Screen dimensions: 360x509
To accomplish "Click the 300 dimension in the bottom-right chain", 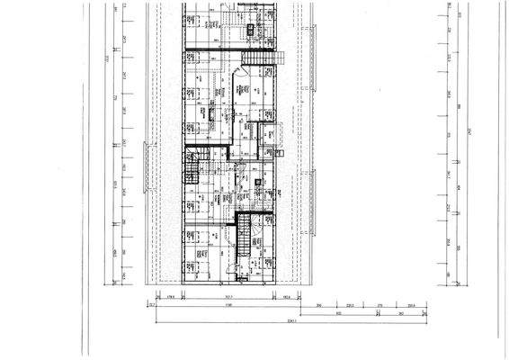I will click(320, 306).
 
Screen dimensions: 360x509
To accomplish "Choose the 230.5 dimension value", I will click(410, 306).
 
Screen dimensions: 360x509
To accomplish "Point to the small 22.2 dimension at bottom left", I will click(152, 306).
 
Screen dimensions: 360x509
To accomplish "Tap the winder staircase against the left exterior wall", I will click(192, 167).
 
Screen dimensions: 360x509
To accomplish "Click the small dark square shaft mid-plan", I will click(258, 183).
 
